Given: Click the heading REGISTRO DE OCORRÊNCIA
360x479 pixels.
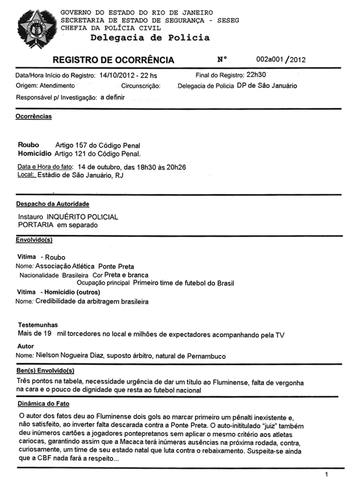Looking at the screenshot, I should pos(113,60).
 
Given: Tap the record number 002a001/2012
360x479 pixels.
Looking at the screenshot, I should pos(281,59).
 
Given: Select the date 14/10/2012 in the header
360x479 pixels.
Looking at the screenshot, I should pos(120,76).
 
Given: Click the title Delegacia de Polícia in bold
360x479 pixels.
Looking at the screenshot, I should pos(150,38).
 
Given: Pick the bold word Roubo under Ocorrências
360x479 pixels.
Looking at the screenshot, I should pos(28,145).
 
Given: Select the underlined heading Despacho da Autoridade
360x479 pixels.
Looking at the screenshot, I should pos(52,204).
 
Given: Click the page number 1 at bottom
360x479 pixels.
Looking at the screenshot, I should pos(327,474).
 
